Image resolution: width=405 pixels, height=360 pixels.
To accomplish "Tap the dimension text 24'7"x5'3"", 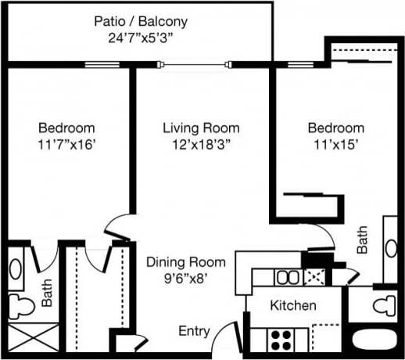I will click(x=141, y=37).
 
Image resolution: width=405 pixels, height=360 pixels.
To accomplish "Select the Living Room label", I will click(x=201, y=128).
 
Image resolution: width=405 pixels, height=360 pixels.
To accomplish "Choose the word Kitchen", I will click(x=293, y=305).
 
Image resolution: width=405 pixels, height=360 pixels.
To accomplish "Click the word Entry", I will click(x=194, y=331).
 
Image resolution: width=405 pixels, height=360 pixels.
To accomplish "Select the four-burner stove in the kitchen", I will click(x=281, y=339).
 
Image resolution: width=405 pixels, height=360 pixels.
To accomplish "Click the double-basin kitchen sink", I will click(x=286, y=277).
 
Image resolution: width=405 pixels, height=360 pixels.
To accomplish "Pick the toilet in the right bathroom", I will click(x=383, y=304).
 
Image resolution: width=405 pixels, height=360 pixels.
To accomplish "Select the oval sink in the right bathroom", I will click(x=390, y=248).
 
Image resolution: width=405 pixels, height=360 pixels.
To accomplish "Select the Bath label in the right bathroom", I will click(x=363, y=240).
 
